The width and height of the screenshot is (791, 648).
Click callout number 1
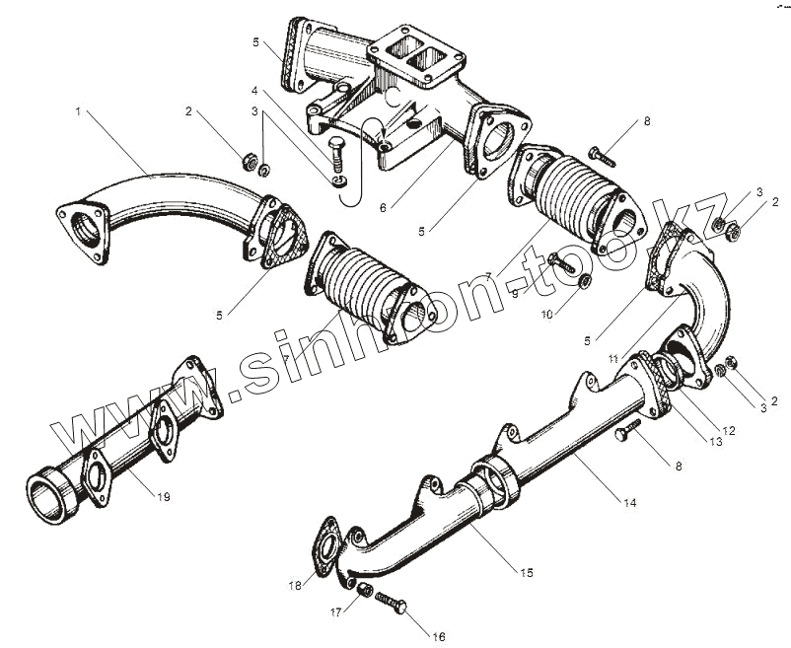coord(77,112)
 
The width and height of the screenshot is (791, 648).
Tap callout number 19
coord(164,497)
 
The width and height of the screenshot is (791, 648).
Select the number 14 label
coord(629,503)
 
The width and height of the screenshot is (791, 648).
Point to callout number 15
coord(528,572)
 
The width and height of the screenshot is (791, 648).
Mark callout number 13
coord(715,443)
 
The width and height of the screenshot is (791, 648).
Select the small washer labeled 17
coord(363,590)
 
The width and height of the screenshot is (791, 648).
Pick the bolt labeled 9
coord(562,263)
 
